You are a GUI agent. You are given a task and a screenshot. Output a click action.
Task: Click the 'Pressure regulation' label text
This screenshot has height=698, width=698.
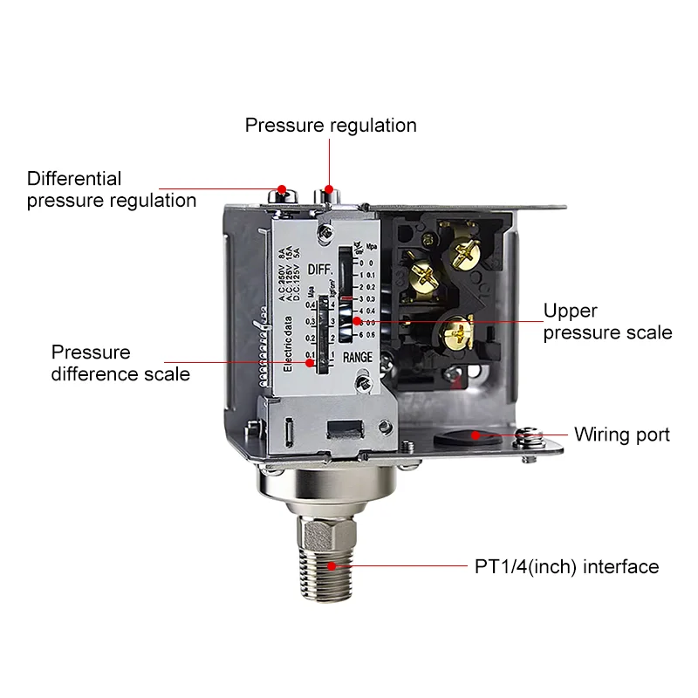tap(331, 125)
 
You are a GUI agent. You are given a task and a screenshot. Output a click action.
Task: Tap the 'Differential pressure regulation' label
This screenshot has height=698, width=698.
tap(111, 189)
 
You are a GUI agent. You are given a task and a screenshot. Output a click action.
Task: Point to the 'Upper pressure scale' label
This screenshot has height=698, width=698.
tap(607, 321)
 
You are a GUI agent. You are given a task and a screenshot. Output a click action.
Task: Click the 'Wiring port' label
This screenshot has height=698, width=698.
tap(621, 435)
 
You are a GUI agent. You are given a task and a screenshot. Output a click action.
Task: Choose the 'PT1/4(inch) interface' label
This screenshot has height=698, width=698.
tap(566, 567)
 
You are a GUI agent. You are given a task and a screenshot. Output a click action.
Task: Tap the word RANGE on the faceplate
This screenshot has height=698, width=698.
tap(358, 357)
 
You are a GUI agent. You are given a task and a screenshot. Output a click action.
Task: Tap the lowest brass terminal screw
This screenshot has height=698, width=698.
tap(455, 331)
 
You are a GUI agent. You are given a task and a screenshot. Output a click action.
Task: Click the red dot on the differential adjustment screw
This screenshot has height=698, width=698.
tap(281, 188)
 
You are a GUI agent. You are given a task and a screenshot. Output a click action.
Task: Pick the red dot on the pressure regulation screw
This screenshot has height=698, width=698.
tap(330, 188)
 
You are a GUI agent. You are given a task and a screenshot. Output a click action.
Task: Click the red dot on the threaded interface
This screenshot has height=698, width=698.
tap(335, 566)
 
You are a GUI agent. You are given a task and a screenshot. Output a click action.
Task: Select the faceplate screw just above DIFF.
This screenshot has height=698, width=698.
tap(325, 232)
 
